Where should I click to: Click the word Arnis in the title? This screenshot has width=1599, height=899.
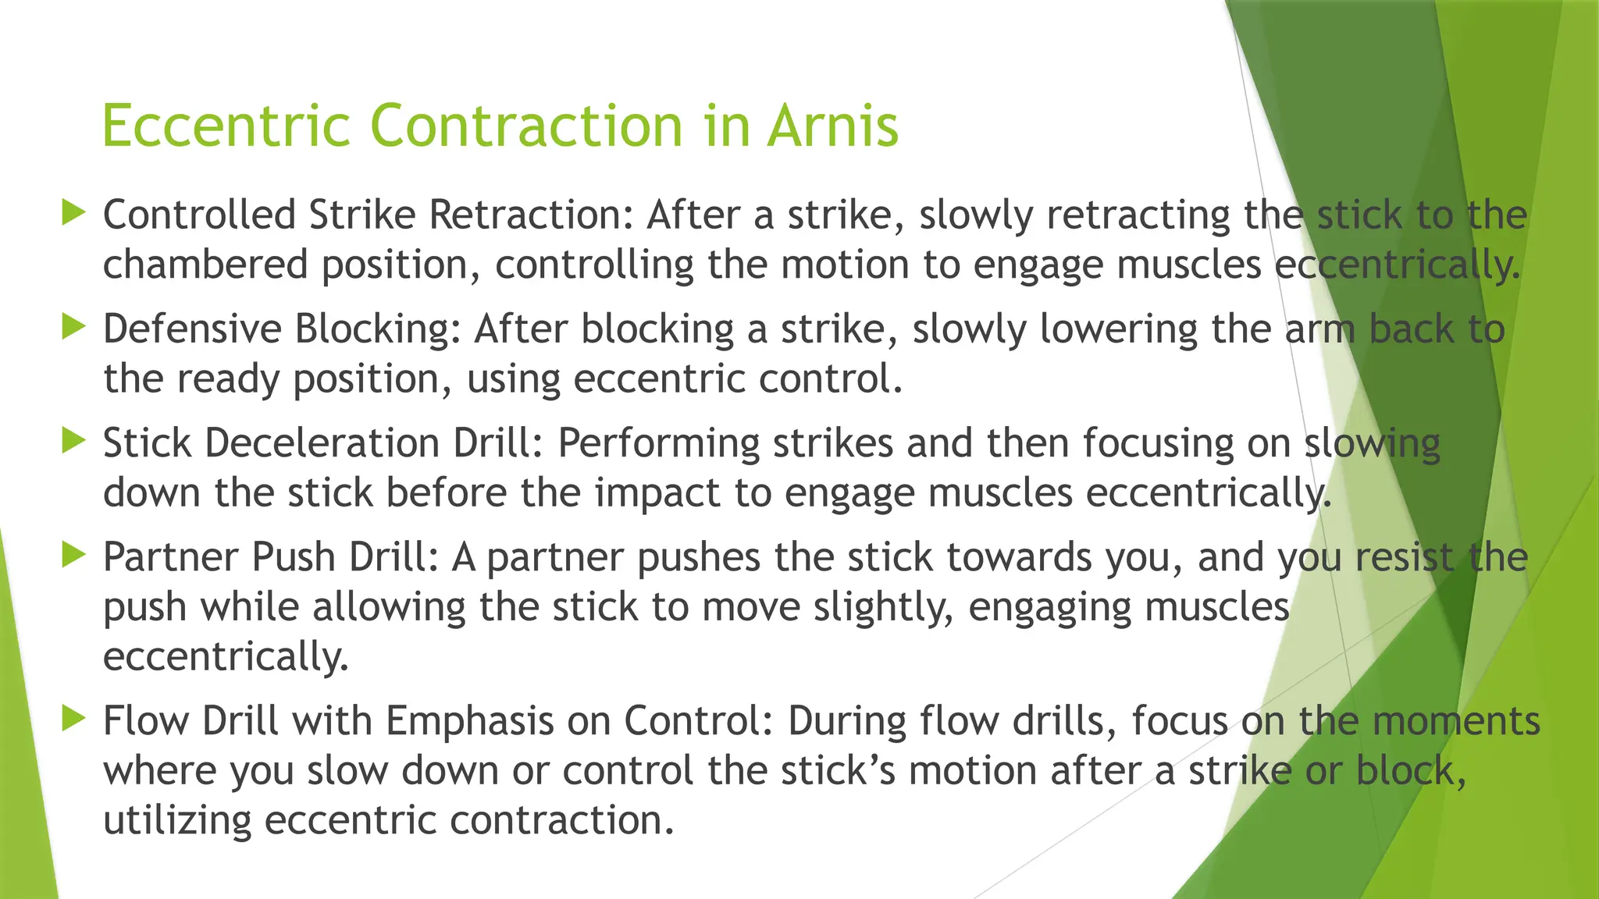832,126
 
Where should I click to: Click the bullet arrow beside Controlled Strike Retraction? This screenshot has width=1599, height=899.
73,212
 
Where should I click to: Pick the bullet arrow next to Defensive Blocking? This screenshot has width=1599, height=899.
73,326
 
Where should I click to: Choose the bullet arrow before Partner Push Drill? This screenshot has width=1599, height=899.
73,555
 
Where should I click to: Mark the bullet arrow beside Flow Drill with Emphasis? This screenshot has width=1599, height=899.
73,718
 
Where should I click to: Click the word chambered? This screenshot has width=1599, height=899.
205,265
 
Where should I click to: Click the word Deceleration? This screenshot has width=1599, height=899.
322,442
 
